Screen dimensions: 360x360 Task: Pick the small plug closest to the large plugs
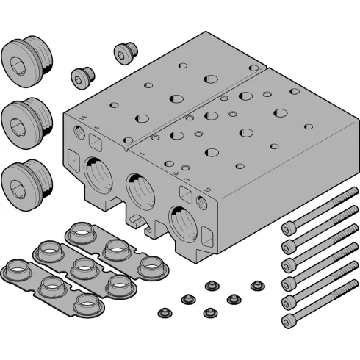(x=81, y=77)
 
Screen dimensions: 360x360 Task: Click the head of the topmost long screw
(x=288, y=230)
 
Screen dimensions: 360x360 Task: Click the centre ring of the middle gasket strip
(x=82, y=266)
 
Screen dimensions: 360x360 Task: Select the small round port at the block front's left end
(x=78, y=134)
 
